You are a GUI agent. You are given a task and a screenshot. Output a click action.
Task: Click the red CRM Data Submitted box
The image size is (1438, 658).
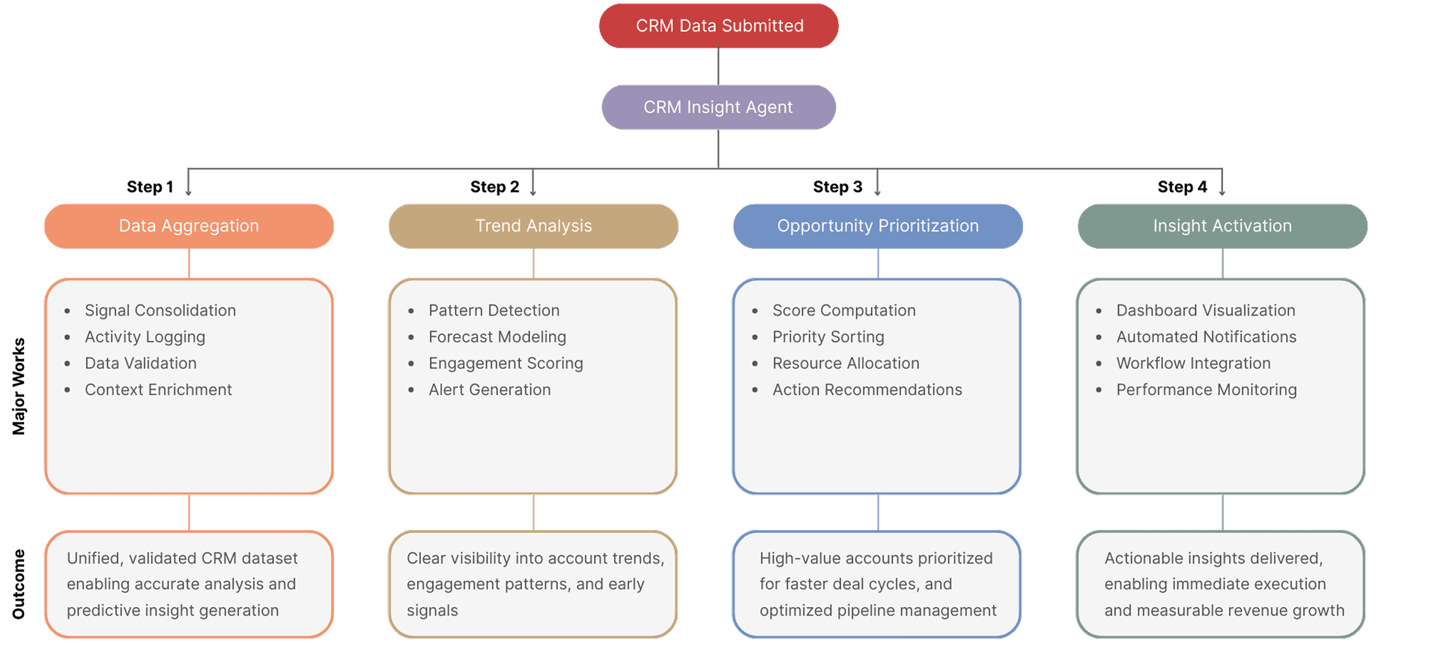pyautogui.click(x=719, y=26)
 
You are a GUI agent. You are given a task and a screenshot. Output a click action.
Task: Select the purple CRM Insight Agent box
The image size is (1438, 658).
pyautogui.click(x=719, y=107)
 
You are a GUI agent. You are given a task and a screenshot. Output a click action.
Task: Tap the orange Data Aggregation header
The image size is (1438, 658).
pyautogui.click(x=189, y=226)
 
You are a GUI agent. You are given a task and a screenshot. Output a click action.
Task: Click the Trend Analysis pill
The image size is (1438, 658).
pyautogui.click(x=533, y=226)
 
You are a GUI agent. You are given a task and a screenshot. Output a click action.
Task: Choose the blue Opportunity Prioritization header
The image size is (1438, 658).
pyautogui.click(x=878, y=226)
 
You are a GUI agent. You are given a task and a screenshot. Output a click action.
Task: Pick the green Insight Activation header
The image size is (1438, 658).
pyautogui.click(x=1222, y=226)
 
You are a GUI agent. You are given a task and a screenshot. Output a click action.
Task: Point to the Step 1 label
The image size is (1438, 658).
pyautogui.click(x=150, y=187)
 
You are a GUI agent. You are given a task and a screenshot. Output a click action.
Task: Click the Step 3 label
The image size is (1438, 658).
pyautogui.click(x=837, y=187)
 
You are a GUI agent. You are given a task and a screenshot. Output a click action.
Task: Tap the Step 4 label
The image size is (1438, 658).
pyautogui.click(x=1182, y=187)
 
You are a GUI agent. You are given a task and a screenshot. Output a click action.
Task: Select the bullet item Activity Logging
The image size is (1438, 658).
pyautogui.click(x=145, y=337)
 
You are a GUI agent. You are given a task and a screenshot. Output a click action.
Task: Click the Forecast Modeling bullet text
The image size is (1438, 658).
pyautogui.click(x=497, y=337)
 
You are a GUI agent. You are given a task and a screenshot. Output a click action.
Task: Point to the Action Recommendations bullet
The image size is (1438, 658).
pyautogui.click(x=867, y=390)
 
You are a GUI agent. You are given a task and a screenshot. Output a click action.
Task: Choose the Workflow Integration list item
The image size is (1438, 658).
pyautogui.click(x=1193, y=363)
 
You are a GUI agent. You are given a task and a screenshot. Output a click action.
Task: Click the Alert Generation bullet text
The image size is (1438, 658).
pyautogui.click(x=489, y=390)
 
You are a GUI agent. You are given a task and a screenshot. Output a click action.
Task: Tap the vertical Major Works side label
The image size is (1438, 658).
pyautogui.click(x=19, y=386)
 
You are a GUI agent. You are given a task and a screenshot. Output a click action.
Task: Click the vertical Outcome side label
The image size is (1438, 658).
pyautogui.click(x=19, y=584)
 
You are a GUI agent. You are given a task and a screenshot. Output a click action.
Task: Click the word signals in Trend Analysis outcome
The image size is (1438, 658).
pyautogui.click(x=432, y=611)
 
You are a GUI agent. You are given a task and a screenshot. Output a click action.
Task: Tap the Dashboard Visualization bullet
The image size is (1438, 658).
pyautogui.click(x=1205, y=310)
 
